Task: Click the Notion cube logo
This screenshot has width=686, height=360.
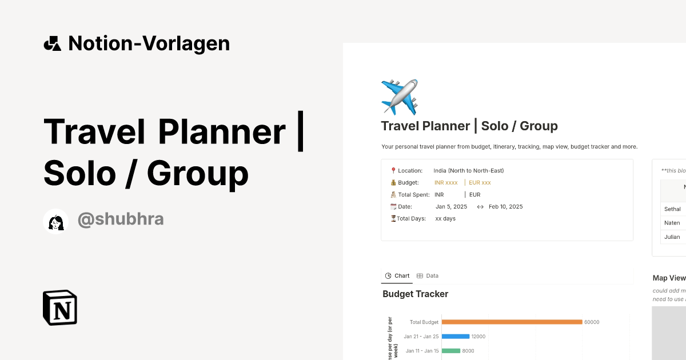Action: point(60,308)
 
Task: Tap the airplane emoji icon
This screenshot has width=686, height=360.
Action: point(400,97)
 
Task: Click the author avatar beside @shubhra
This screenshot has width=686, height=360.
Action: point(56,221)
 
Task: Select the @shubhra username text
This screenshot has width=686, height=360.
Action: point(121,219)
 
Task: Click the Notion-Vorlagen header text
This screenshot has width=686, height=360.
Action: point(149,43)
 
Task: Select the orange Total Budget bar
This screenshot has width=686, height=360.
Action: point(512,322)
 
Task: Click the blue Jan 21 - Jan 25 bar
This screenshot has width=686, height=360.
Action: point(456,337)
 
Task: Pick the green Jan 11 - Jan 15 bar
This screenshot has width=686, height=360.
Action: point(451,351)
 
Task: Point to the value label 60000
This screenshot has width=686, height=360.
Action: point(592,322)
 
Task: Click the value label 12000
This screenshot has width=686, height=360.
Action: point(478,337)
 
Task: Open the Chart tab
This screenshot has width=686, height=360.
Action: point(397,276)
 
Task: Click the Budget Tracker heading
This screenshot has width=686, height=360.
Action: point(415,294)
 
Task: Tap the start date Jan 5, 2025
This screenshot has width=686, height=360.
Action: point(451,207)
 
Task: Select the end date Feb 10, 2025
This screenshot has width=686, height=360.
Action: point(505,207)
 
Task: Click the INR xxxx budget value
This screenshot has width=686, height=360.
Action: point(446,183)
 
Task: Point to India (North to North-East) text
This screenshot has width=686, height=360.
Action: point(468,171)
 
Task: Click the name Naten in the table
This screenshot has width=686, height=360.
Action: point(672,223)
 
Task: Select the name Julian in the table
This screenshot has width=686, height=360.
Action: point(672,237)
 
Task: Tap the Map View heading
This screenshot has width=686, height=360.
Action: point(669,278)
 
